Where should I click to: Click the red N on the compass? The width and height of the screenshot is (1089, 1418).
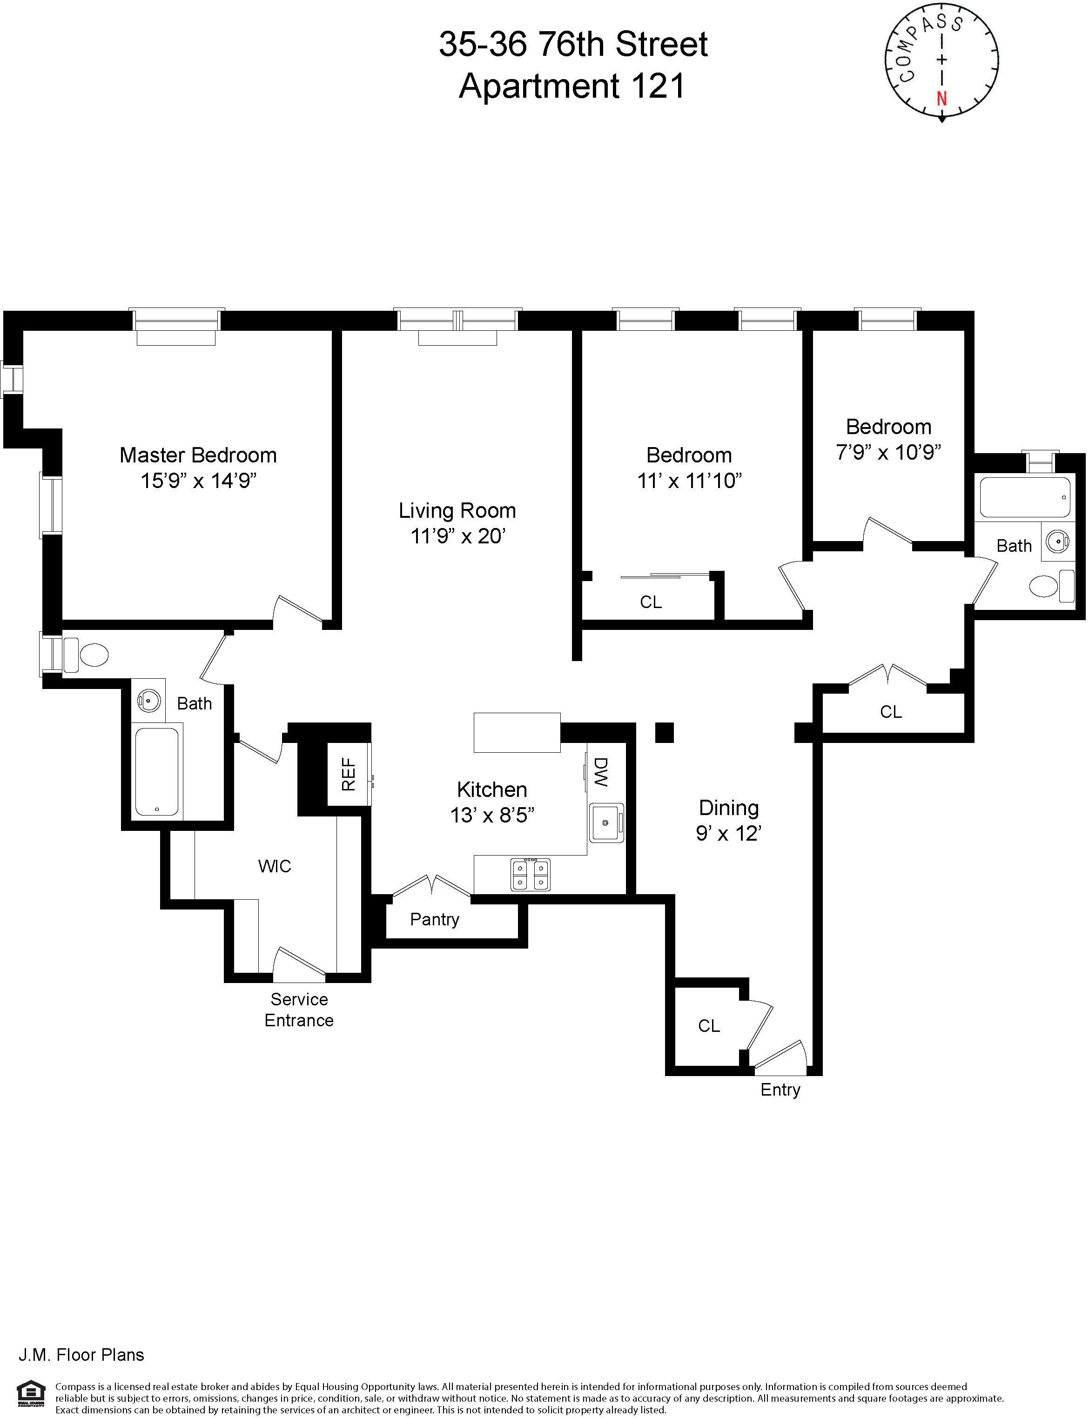(942, 99)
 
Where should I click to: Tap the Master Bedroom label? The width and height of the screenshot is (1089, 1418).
(198, 455)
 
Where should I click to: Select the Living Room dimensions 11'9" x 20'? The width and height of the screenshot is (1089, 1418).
(457, 536)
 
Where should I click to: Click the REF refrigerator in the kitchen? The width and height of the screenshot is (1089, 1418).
(349, 775)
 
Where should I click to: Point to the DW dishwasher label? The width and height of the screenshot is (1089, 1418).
(601, 773)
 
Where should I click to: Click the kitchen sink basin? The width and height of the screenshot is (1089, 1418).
(605, 823)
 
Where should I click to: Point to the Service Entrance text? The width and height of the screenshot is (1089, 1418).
(299, 1010)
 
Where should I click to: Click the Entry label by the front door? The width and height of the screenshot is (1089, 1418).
(780, 1090)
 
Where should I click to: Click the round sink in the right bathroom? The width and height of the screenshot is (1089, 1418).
(1058, 541)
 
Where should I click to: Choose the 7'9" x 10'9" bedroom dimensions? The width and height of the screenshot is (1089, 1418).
(888, 452)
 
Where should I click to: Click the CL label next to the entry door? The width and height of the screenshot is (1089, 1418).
(708, 1026)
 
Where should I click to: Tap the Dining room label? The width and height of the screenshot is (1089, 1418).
(729, 808)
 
